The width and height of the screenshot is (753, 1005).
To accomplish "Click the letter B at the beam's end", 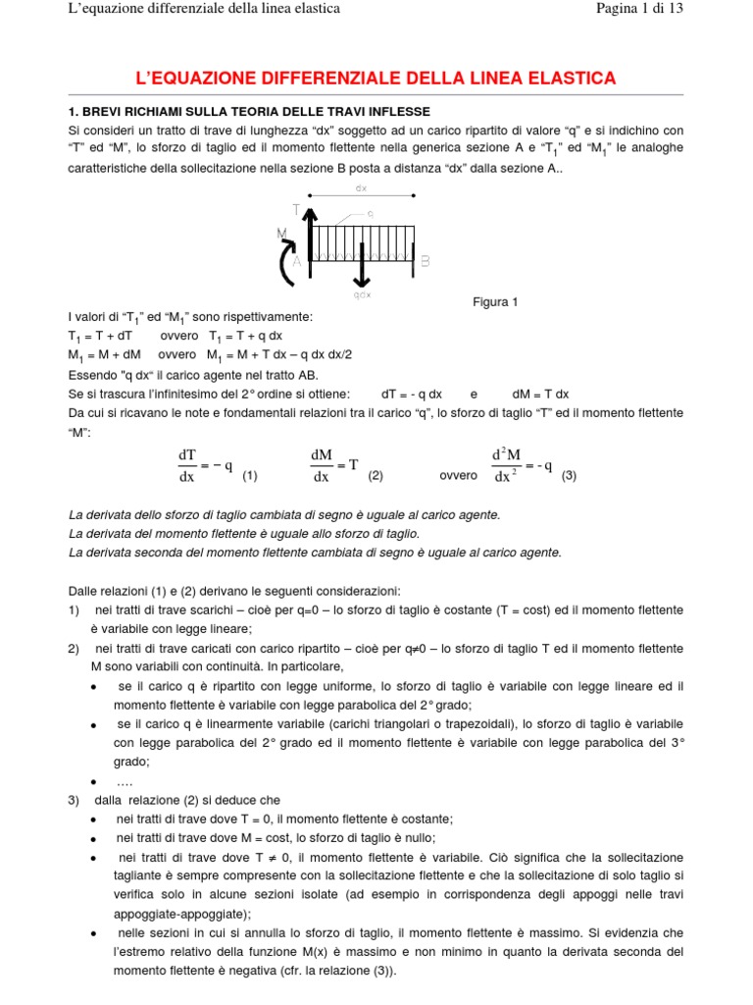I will [425, 262].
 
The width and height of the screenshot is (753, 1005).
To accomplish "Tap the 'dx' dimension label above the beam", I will [361, 187].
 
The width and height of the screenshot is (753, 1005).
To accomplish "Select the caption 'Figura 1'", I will [495, 302].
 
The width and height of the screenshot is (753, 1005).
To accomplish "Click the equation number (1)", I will [249, 476].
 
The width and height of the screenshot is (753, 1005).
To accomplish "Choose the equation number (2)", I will [375, 476].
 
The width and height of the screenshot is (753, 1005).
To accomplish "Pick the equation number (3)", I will [570, 476].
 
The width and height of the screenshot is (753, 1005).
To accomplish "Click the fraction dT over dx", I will [186, 466].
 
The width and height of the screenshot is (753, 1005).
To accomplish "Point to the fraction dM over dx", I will [321, 466].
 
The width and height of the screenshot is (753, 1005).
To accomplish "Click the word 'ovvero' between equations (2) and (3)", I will [459, 476].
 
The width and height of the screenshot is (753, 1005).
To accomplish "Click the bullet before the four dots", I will [92, 782].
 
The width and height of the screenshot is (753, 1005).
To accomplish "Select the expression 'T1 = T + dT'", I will [104, 336].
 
